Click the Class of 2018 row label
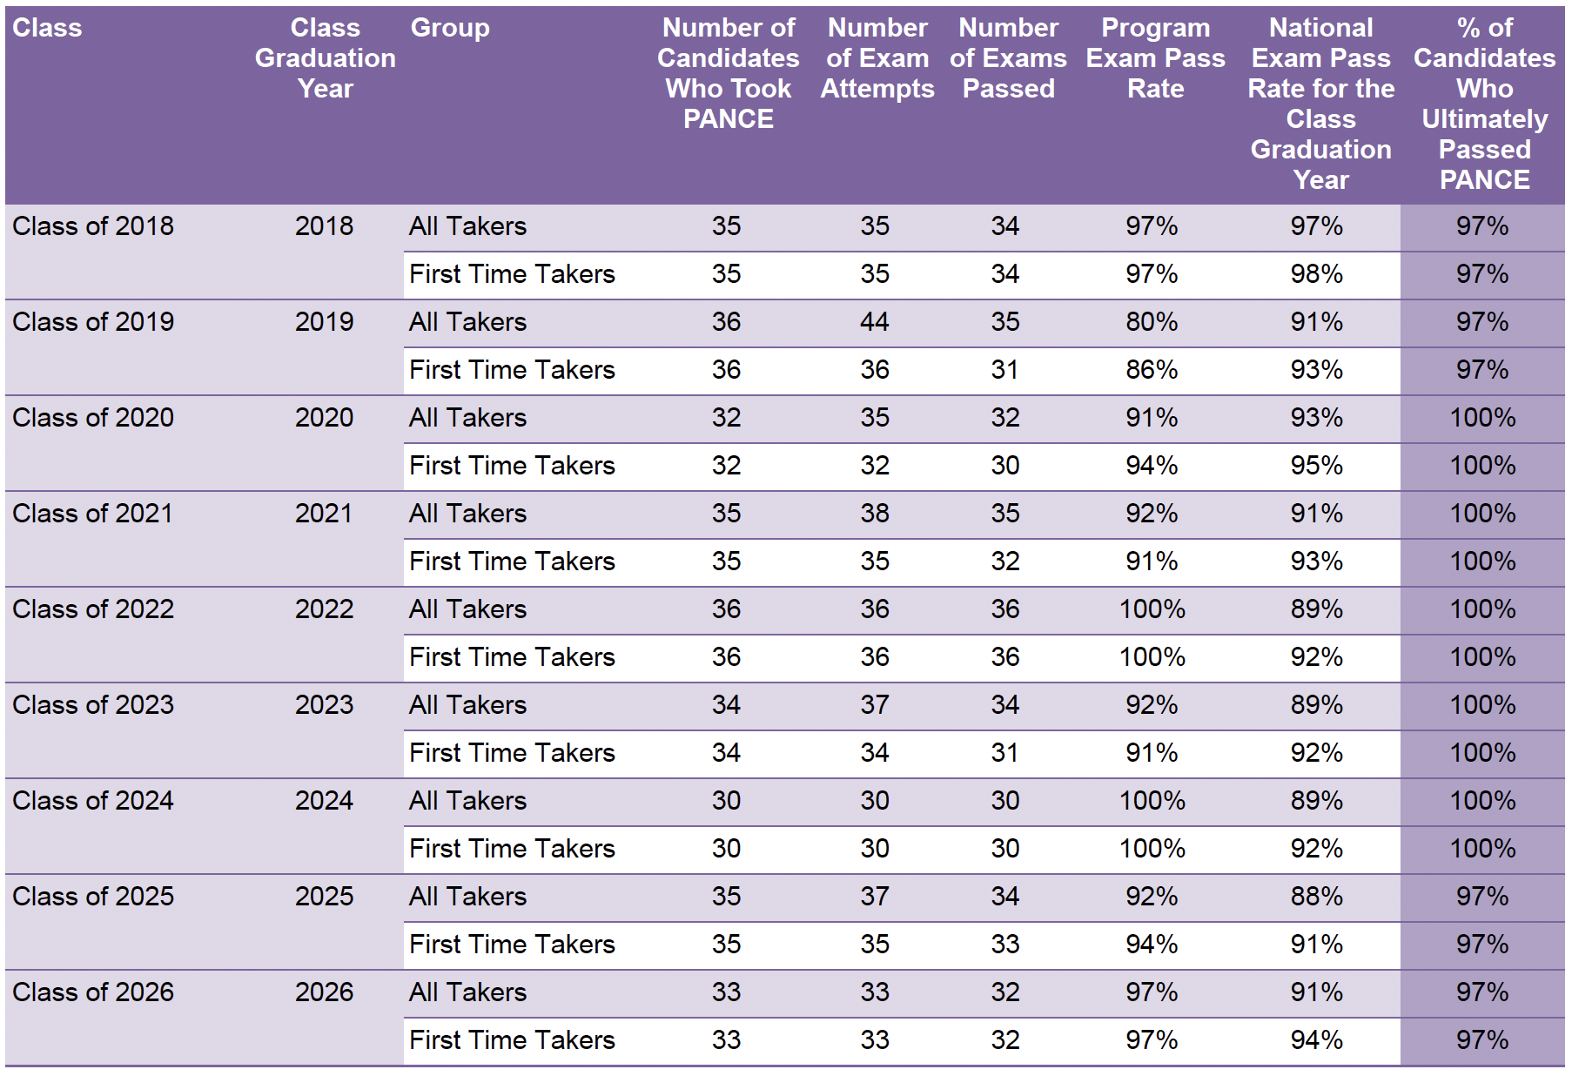pyautogui.click(x=93, y=226)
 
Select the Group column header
pyautogui.click(x=450, y=28)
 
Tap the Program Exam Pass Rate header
pyautogui.click(x=1155, y=58)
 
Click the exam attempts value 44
pyautogui.click(x=875, y=322)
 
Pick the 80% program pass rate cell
pyautogui.click(x=1152, y=322)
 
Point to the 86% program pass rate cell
pyautogui.click(x=1152, y=370)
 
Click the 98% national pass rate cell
pyautogui.click(x=1316, y=274)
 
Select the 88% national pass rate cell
pyautogui.click(x=1316, y=897)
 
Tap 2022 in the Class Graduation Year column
pyautogui.click(x=324, y=609)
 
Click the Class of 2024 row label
pyautogui.click(x=93, y=801)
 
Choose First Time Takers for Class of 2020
pyautogui.click(x=512, y=466)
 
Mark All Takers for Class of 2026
pyautogui.click(x=467, y=992)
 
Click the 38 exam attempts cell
pyautogui.click(x=875, y=514)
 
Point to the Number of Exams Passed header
pyautogui.click(x=1008, y=58)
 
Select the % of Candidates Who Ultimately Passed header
pyautogui.click(x=1484, y=104)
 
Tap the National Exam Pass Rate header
pyautogui.click(x=1320, y=104)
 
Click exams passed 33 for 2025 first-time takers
pyautogui.click(x=1004, y=945)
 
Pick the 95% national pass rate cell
pyautogui.click(x=1316, y=466)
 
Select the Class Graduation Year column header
pyautogui.click(x=325, y=58)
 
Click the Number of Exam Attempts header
pyautogui.click(x=877, y=58)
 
